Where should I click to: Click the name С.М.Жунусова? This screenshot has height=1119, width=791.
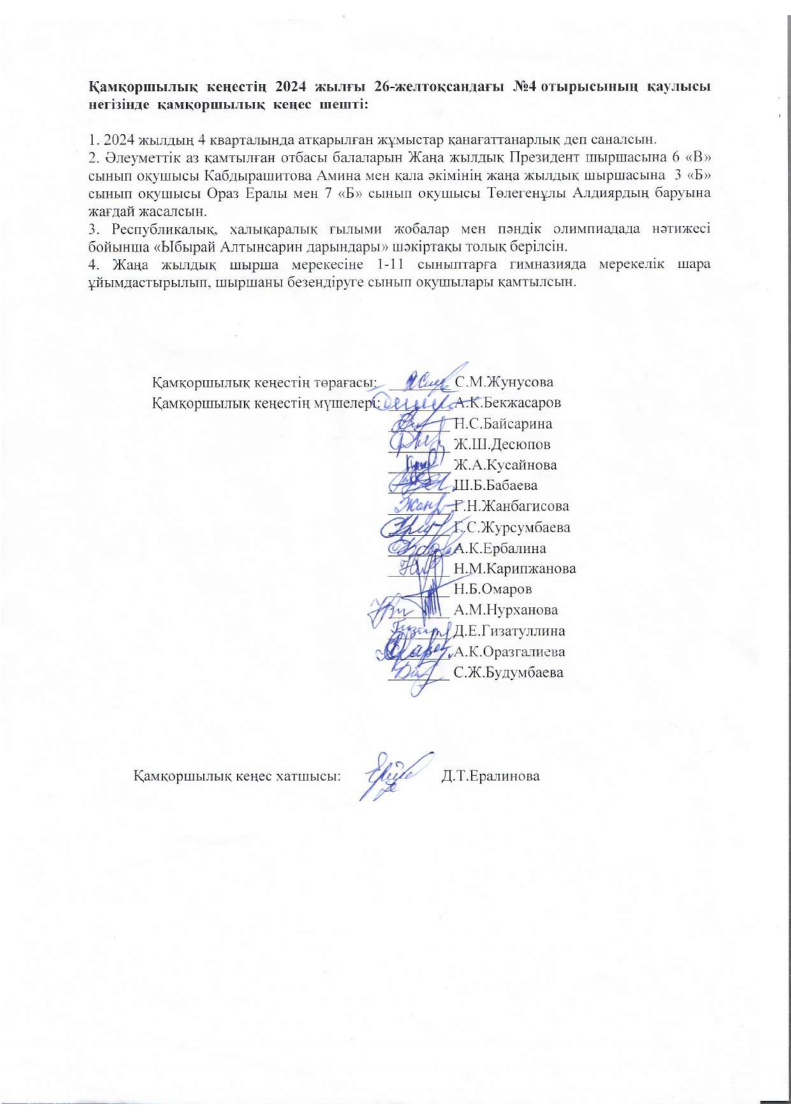pos(505,382)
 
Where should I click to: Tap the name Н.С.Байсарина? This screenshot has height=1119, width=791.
pos(503,423)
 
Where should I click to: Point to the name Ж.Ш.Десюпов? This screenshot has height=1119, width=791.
pos(501,444)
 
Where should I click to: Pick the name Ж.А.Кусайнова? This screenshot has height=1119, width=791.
pos(505,465)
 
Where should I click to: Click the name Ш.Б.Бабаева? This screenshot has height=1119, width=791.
pos(494,485)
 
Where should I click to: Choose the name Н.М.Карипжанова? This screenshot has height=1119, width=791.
pos(514,568)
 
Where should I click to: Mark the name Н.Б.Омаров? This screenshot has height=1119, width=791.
pos(492,589)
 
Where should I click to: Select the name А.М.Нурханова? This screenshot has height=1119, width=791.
pos(505,610)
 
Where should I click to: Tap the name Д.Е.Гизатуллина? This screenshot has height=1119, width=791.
pos(509,631)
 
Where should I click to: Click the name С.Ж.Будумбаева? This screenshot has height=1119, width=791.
pos(508,672)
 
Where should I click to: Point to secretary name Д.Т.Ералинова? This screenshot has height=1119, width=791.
pos(491,777)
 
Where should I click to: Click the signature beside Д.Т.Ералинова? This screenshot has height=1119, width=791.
pos(391,775)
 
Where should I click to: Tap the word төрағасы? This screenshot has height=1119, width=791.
pos(344,383)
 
